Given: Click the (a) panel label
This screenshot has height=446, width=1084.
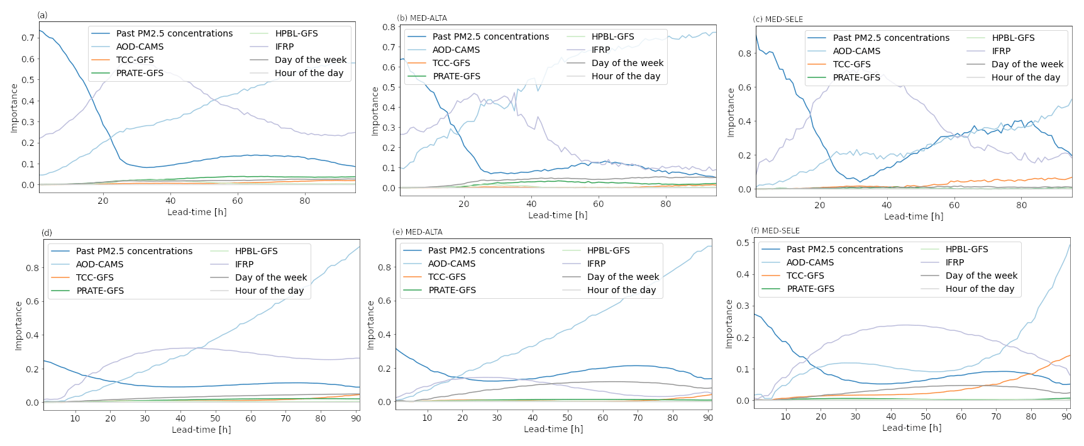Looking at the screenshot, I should pyautogui.click(x=42, y=15).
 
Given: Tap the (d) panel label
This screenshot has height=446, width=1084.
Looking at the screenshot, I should pyautogui.click(x=47, y=233).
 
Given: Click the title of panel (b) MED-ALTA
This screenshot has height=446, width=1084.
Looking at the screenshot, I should pyautogui.click(x=422, y=18).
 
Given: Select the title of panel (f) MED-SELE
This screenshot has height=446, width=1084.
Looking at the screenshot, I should pyautogui.click(x=775, y=231).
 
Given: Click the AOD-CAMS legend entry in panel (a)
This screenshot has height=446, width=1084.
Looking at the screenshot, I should pyautogui.click(x=140, y=47).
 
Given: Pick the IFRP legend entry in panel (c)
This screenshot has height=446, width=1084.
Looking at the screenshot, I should pyautogui.click(x=1001, y=51).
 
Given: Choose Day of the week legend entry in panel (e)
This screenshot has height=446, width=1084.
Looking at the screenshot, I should pyautogui.click(x=622, y=277).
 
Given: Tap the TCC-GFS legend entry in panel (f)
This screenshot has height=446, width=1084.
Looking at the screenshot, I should pyautogui.click(x=805, y=276).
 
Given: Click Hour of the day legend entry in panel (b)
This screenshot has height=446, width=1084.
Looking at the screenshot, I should pyautogui.click(x=626, y=76).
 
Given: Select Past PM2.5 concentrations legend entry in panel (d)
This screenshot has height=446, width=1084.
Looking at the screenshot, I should pyautogui.click(x=134, y=251).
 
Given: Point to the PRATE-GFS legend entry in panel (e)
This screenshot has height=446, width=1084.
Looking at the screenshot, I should pyautogui.click(x=452, y=290).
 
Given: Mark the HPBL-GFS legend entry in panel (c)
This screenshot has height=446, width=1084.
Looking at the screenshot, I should pyautogui.click(x=1013, y=38).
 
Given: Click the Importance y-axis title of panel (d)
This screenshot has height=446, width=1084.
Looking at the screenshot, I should pyautogui.click(x=19, y=326).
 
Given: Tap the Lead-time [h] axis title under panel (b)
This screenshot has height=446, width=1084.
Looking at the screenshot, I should pyautogui.click(x=558, y=215).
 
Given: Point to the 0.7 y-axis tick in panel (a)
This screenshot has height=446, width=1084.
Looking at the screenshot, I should pyautogui.click(x=28, y=38).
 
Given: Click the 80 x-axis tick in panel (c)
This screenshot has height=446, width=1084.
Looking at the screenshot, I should pyautogui.click(x=1021, y=205).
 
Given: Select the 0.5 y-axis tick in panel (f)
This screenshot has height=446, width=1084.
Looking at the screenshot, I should pyautogui.click(x=742, y=243).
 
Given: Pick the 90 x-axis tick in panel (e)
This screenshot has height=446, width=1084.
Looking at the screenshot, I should pyautogui.click(x=708, y=418).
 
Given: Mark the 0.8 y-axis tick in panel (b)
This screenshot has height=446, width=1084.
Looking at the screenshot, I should pyautogui.click(x=389, y=27).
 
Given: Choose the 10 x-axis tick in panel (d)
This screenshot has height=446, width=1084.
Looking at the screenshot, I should pyautogui.click(x=75, y=418).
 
